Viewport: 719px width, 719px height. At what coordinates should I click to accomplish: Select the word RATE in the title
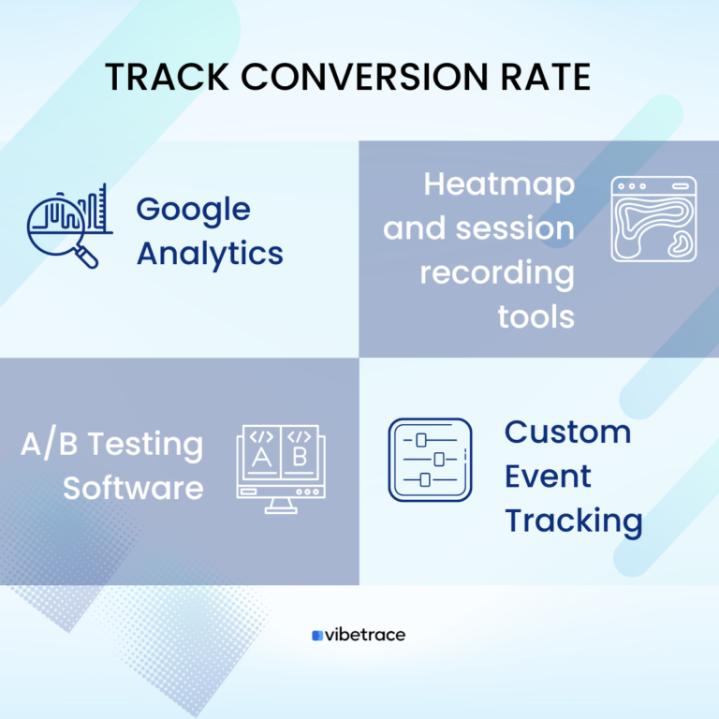[x=548, y=78]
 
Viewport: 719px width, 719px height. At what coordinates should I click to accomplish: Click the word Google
[x=194, y=211]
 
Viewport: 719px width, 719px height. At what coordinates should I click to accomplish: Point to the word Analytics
[x=210, y=253]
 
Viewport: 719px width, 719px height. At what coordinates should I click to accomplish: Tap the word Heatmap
[x=499, y=184]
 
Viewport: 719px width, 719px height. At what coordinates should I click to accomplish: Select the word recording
[x=496, y=272]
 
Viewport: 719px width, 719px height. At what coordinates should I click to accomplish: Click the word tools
[x=536, y=316]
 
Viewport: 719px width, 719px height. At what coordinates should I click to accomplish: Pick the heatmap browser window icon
[x=653, y=219]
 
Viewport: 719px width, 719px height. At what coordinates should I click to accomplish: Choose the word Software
[x=133, y=488]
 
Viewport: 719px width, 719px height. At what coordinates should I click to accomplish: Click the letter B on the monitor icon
[x=299, y=457]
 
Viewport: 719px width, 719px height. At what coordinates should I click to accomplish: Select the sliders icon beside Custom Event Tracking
[x=430, y=460]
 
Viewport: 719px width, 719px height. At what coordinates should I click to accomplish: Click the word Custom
[x=567, y=433]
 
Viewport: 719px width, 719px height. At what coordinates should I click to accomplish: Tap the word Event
[x=548, y=477]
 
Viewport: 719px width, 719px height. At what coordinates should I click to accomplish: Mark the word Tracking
[x=573, y=521]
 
